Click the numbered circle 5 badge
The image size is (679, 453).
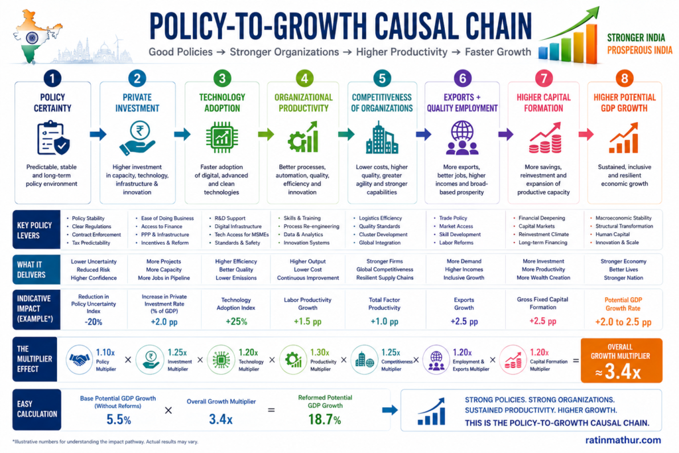click(x=382, y=78)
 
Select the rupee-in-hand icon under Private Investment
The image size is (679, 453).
click(x=137, y=138)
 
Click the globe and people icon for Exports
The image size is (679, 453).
click(x=462, y=138)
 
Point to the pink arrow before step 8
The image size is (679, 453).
click(x=586, y=134)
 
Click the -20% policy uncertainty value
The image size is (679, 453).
click(x=93, y=322)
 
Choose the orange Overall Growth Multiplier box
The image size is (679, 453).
click(x=621, y=360)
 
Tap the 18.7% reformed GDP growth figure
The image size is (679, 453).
click(x=325, y=419)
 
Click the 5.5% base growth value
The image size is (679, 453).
click(x=119, y=419)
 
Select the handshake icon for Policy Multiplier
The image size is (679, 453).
click(x=80, y=359)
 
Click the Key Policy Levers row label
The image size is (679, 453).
click(x=36, y=230)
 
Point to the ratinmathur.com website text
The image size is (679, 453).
click(x=623, y=440)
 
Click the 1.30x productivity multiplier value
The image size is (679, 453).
click(x=320, y=353)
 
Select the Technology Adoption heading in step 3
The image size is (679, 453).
click(x=222, y=103)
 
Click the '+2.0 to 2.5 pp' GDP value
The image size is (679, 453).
click(x=623, y=322)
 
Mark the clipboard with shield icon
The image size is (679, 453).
click(x=53, y=138)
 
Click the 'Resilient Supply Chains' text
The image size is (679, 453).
click(x=385, y=278)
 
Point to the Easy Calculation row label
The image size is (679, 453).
click(x=37, y=409)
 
